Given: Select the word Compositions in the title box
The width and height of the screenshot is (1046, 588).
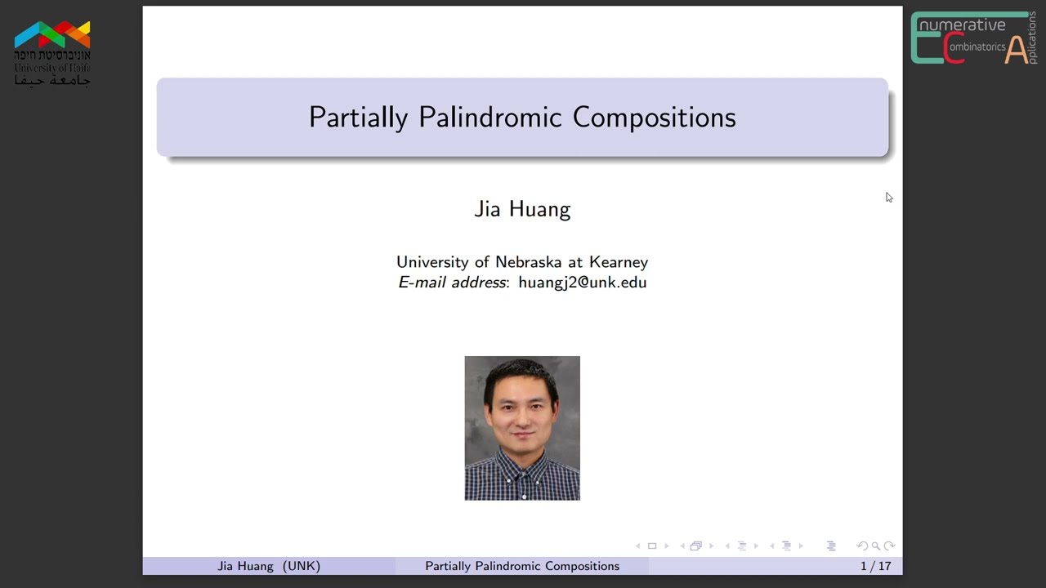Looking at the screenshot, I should coord(654,118).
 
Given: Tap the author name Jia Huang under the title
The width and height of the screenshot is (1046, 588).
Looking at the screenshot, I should coord(522,209).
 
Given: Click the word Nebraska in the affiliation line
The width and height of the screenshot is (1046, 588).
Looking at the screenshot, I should coord(528,262).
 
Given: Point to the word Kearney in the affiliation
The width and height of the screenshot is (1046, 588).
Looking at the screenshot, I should coord(619,262).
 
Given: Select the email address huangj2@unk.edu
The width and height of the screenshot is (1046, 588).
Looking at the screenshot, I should coord(582,283).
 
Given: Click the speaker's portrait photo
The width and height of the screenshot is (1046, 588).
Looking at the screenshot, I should coord(522,427).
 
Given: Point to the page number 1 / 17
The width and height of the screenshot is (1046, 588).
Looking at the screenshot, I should coord(875,566).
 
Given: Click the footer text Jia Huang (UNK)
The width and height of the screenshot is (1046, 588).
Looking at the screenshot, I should coord(269,566).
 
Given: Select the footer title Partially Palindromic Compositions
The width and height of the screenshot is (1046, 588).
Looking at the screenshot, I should coord(522,566).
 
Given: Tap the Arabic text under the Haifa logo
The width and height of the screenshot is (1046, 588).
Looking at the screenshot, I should coord(52,80).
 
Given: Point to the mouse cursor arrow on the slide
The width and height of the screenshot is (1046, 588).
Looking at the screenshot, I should coord(888,197).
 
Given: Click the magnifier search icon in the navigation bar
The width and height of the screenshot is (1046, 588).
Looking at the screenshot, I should coord(875,546).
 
